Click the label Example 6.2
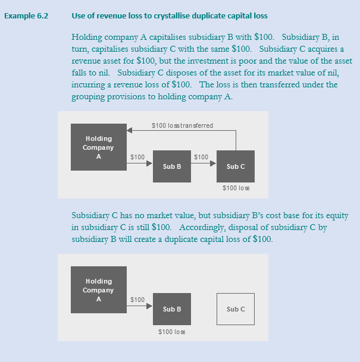click(x=26, y=15)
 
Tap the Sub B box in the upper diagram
click(x=171, y=166)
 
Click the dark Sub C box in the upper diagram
click(x=236, y=166)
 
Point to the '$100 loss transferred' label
click(x=182, y=125)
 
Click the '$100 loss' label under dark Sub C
click(x=236, y=188)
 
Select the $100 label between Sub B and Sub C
click(x=201, y=157)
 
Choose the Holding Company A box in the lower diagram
click(x=98, y=290)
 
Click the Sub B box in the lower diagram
click(x=171, y=309)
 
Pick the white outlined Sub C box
click(x=236, y=309)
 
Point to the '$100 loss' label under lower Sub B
click(x=171, y=330)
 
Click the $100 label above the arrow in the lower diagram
click(x=137, y=300)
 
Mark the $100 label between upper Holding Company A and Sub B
click(x=137, y=157)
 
